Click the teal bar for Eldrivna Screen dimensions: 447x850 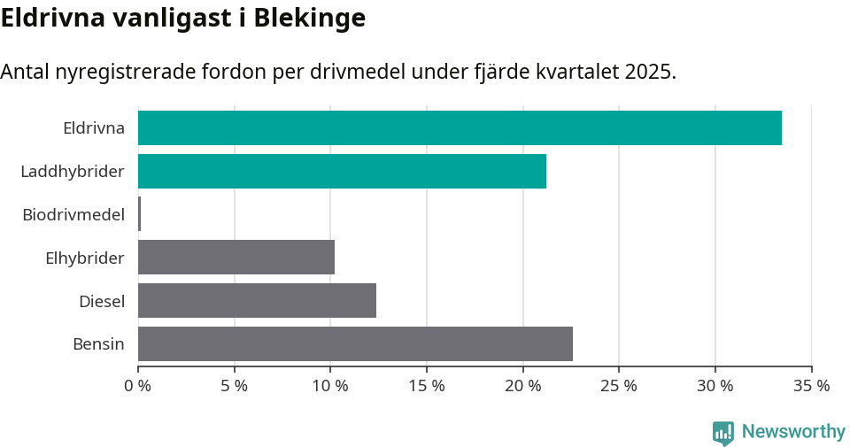point(460,127)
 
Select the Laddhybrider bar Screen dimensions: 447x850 point(342,171)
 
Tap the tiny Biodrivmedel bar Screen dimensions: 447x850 point(140,214)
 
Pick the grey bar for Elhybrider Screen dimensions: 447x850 point(236,258)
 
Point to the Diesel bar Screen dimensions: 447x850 point(257,301)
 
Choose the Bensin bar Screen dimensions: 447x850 point(355,343)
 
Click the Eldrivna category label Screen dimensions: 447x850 point(93,128)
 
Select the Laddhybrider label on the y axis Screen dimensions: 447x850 point(73,171)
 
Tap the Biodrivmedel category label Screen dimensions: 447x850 point(73,214)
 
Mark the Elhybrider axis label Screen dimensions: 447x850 point(85,258)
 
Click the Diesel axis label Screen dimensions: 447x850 point(102,301)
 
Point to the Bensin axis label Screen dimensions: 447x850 point(98,343)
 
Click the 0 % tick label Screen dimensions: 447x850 point(138,386)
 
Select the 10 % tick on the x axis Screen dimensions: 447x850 point(330,386)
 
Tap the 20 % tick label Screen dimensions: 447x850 point(522,386)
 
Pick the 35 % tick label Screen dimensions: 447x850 point(811,386)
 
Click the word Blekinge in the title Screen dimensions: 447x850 point(309,18)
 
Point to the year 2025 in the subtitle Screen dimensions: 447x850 point(649,72)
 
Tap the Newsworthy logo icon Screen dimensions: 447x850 point(723,432)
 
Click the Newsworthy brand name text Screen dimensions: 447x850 point(793,432)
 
